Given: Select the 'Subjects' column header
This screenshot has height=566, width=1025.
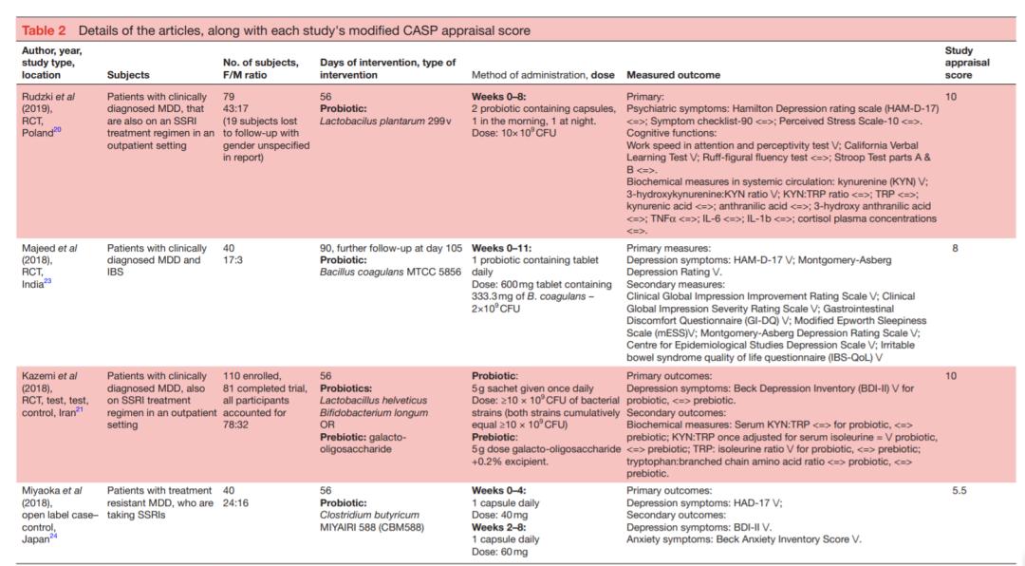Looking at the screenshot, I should [128, 74].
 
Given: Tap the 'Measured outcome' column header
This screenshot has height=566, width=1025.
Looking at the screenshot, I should [673, 74].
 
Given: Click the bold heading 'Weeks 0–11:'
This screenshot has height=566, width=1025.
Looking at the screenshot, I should [503, 247].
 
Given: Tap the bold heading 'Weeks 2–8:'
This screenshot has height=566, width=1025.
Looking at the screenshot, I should [500, 527].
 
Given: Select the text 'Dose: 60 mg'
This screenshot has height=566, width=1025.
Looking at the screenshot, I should [504, 552].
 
